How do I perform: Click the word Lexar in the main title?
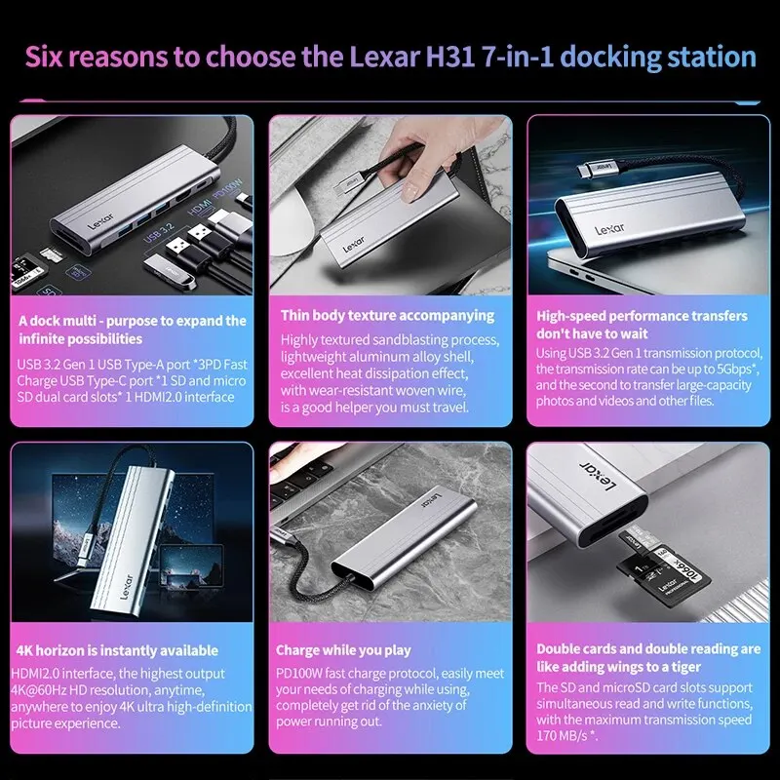click(384, 57)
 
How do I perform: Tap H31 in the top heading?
click(450, 57)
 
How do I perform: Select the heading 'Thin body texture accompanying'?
click(387, 316)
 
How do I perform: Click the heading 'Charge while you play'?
click(343, 650)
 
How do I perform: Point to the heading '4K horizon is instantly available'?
click(117, 650)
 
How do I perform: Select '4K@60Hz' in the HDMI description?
click(38, 690)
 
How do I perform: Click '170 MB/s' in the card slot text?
click(563, 735)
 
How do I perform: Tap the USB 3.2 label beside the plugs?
click(159, 233)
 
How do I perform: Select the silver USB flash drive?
click(169, 272)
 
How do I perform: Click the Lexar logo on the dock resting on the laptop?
click(609, 229)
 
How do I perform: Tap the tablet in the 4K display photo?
click(191, 566)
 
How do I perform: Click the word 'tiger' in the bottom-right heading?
click(685, 667)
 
